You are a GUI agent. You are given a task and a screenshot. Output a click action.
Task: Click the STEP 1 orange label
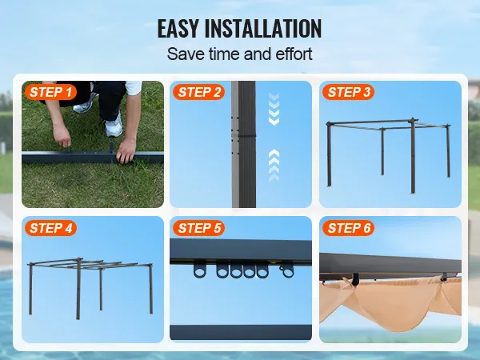(50, 92)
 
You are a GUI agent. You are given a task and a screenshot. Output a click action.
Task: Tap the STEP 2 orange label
(199, 92)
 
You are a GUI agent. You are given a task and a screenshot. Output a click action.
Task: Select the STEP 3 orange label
(348, 92)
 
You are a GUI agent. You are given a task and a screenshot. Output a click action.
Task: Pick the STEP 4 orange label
(51, 228)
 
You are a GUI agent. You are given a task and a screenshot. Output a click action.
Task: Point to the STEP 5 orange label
(199, 228)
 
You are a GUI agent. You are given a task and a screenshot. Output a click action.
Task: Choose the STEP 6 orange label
(348, 228)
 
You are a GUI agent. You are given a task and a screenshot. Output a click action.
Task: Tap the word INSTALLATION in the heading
(263, 29)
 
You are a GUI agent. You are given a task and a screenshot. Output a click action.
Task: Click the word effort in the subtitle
(294, 54)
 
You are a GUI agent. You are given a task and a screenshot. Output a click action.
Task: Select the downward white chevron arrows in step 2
(274, 110)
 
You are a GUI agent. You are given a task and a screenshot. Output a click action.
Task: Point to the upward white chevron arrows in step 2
(274, 166)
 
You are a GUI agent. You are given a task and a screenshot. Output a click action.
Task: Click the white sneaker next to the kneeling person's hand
(114, 125)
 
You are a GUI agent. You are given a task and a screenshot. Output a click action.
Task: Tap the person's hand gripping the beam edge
(126, 151)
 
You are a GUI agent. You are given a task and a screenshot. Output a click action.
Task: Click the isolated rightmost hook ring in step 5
(287, 271)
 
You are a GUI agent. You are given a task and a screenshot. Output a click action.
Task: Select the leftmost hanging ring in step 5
(200, 270)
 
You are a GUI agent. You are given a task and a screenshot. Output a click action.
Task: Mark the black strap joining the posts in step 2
(247, 135)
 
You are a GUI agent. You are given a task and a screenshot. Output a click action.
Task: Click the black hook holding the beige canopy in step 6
(356, 279)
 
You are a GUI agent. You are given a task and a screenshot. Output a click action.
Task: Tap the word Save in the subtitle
(186, 54)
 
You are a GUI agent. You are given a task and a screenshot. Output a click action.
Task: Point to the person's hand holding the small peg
(62, 135)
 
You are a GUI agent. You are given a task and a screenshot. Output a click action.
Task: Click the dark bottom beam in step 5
(241, 333)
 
